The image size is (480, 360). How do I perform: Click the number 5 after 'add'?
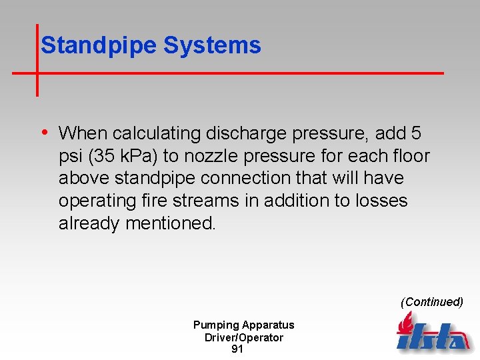pyautogui.click(x=415, y=133)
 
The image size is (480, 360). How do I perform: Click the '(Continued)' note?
pyautogui.click(x=431, y=302)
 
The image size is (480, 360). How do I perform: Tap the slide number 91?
pyautogui.click(x=237, y=349)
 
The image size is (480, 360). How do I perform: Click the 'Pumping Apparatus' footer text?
pyautogui.click(x=243, y=325)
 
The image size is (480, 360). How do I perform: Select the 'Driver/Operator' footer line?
pyautogui.click(x=243, y=337)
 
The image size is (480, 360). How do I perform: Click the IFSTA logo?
pyautogui.click(x=431, y=333)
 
